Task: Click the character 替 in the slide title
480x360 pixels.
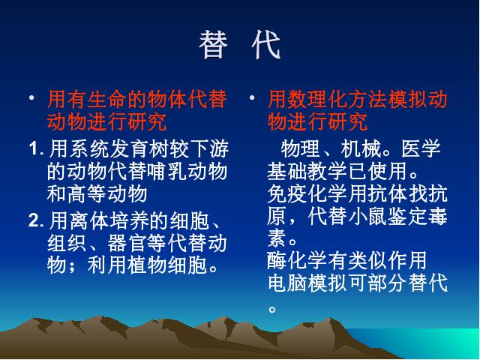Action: pyautogui.click(x=213, y=45)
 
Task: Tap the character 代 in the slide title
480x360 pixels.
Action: pyautogui.click(x=266, y=45)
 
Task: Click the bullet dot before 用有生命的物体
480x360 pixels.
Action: pyautogui.click(x=31, y=98)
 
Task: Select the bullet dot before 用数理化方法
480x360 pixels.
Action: pyautogui.click(x=252, y=98)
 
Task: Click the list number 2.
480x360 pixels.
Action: pyautogui.click(x=36, y=220)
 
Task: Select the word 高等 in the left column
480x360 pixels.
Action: pyautogui.click(x=87, y=193)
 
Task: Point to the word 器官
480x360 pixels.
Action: pyautogui.click(x=127, y=243)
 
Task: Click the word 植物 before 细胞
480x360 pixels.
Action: pyautogui.click(x=147, y=265)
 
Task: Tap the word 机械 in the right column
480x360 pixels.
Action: pyautogui.click(x=360, y=148)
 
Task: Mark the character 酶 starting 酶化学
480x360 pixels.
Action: pyautogui.click(x=277, y=260)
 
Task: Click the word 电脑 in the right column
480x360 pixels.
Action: pyautogui.click(x=287, y=283)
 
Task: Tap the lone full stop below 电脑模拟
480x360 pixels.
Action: pyautogui.click(x=272, y=309)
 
